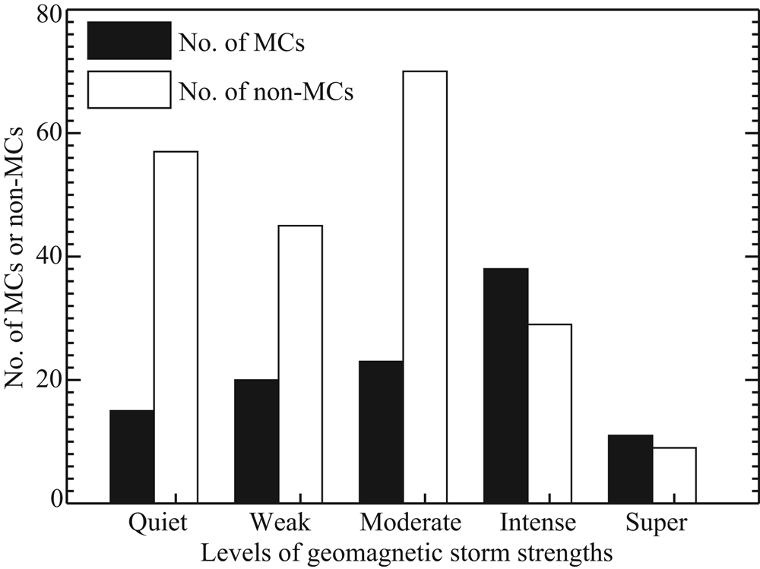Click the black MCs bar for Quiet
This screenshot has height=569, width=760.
(x=131, y=457)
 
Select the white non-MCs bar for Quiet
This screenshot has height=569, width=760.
(x=176, y=327)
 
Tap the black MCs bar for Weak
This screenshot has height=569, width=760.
(x=256, y=441)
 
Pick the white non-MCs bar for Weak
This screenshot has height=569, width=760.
(x=300, y=364)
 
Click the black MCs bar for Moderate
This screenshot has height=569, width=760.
(x=381, y=431)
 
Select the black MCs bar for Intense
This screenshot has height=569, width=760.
(x=505, y=385)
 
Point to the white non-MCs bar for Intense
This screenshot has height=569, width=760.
(x=549, y=413)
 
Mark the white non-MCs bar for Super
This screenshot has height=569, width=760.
(x=674, y=475)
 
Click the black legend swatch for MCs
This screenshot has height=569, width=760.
(x=129, y=41)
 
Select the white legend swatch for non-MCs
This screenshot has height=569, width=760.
(x=129, y=90)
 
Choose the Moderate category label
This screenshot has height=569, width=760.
(x=411, y=523)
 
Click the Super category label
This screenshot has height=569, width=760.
(x=657, y=523)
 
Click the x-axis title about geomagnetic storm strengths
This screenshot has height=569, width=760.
(x=407, y=552)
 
